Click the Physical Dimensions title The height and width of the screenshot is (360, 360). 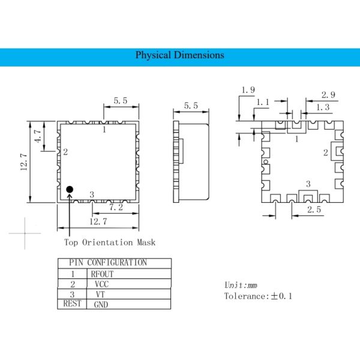(179, 55)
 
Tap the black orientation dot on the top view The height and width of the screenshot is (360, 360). (70, 190)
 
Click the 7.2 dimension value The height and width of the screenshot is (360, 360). (115, 207)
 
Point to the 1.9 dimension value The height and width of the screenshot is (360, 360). (247, 90)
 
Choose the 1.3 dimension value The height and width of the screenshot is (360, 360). (322, 107)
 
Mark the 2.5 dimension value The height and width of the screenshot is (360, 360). (314, 209)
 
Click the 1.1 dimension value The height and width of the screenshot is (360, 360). (263, 103)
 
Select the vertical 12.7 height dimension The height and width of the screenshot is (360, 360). (23, 162)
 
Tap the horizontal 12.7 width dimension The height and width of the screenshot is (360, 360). (98, 221)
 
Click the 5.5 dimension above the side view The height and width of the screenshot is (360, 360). (191, 106)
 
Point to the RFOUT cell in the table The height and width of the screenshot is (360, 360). (101, 274)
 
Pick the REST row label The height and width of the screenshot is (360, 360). (72, 304)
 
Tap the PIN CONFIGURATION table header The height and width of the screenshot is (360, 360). (108, 263)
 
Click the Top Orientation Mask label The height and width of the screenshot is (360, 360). (110, 242)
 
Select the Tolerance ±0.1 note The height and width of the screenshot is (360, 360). (257, 296)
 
